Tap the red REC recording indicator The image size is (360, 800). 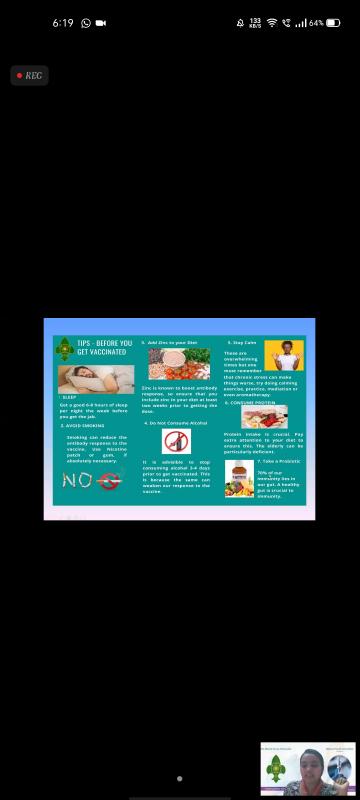[29, 75]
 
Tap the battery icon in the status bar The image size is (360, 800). [332, 22]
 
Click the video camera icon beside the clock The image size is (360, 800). [101, 22]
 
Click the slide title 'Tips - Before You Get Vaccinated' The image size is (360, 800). [104, 347]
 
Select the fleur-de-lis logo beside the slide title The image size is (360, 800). [65, 348]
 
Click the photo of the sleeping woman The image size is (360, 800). [96, 379]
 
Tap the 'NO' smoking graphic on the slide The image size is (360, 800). [91, 480]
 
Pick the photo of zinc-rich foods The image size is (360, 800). [179, 363]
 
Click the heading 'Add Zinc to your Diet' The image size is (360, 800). [174, 342]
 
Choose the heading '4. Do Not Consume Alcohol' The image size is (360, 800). [177, 423]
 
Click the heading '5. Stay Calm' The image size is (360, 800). [244, 342]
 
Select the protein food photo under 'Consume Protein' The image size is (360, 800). [264, 417]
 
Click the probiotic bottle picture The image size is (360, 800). [239, 479]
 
